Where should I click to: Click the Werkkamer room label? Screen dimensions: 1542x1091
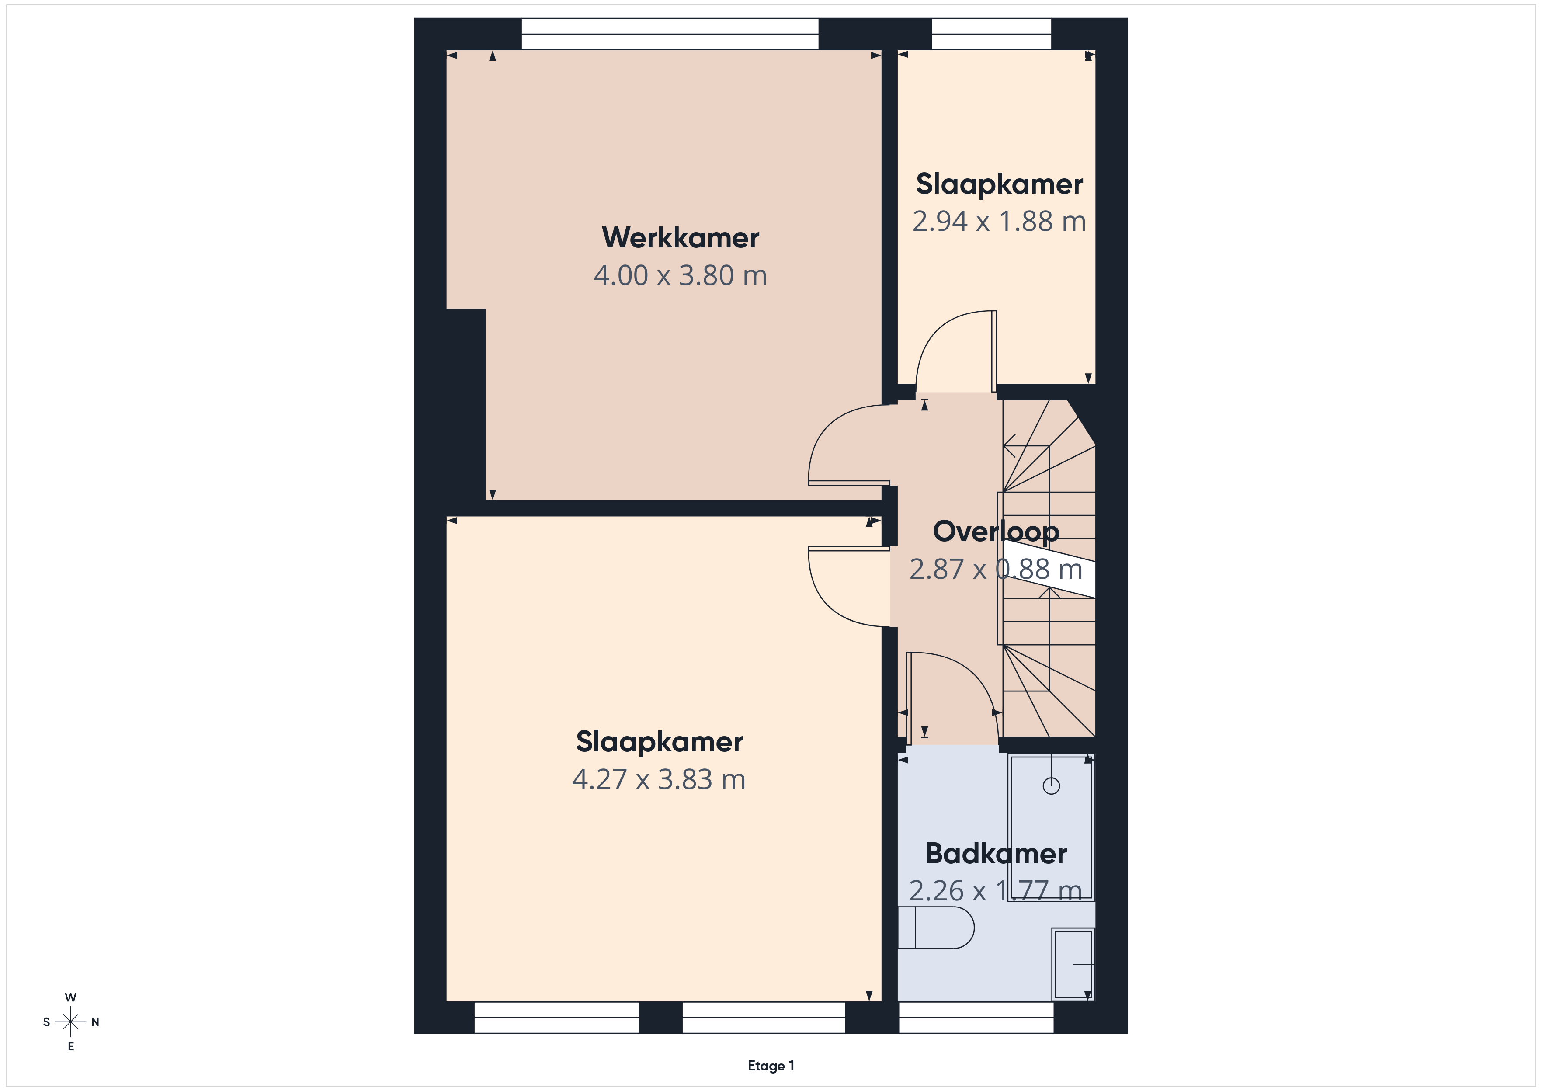point(681,238)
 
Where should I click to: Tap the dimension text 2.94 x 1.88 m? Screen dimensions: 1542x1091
point(999,221)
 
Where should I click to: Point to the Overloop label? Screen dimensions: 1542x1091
point(996,532)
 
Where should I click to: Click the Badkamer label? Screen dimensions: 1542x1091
point(996,853)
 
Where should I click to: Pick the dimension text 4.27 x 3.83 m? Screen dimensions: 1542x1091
point(659,779)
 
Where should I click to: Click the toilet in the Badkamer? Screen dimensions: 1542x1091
point(935,928)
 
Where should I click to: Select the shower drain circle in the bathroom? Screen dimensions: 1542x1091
point(1051,785)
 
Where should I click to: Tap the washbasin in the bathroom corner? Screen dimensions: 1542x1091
point(1073,964)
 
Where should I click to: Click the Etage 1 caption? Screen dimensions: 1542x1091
point(771,1066)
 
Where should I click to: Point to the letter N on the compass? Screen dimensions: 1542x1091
point(95,1022)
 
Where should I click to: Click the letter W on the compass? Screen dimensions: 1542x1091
point(70,997)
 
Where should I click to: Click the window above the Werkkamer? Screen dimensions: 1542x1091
point(670,34)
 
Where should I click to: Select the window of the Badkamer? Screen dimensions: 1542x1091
point(976,1017)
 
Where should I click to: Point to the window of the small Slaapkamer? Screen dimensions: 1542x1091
point(991,34)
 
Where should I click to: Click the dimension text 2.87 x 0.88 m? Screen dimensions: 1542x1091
point(996,570)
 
